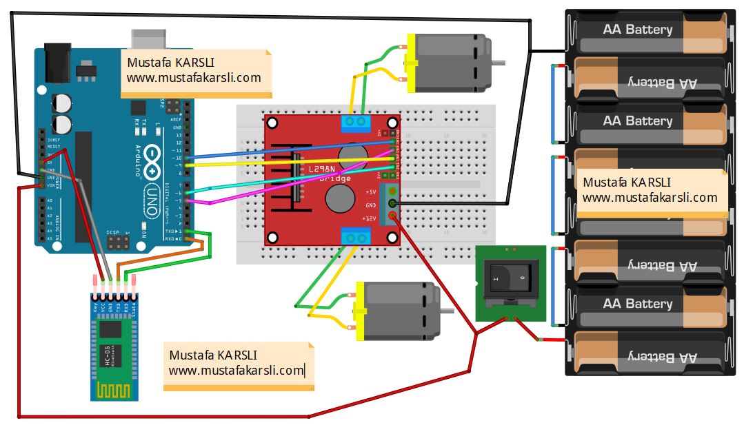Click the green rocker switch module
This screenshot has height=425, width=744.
[x=511, y=282]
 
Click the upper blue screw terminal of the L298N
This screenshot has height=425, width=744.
[x=356, y=123]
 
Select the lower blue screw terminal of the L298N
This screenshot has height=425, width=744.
[x=356, y=238]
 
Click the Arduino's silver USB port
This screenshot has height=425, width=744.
[x=148, y=39]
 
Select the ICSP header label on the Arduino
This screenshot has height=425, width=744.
[x=114, y=233]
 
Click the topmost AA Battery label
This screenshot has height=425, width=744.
[x=637, y=30]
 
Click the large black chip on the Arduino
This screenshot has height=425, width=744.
[x=83, y=186]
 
